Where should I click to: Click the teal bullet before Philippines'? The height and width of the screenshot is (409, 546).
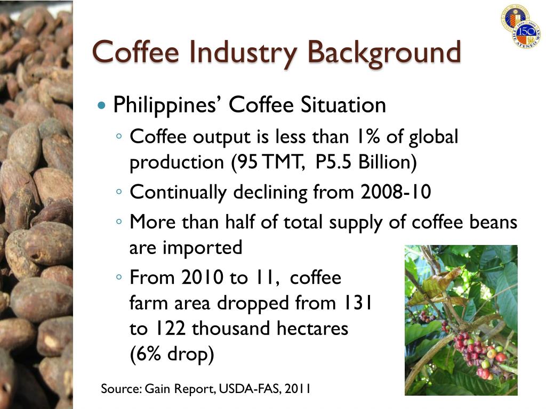click(103, 105)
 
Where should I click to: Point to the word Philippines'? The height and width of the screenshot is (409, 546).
click(168, 105)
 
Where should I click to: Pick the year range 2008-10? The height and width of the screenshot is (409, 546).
click(395, 192)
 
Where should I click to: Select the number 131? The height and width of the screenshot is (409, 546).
click(356, 303)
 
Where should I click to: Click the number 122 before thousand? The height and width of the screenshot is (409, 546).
click(170, 329)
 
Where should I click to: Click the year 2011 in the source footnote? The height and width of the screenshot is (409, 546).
click(298, 389)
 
